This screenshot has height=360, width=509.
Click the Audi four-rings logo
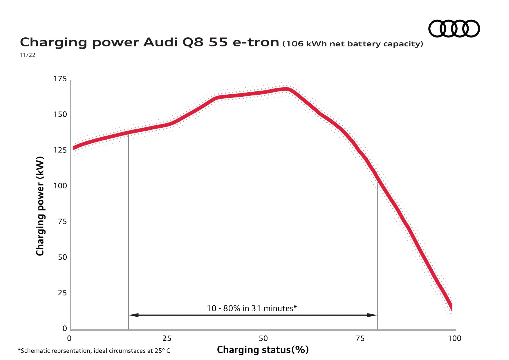point(454,28)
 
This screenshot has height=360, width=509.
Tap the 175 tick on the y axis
point(60,79)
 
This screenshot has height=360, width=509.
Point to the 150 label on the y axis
point(60,115)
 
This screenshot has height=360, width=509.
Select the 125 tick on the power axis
point(60,150)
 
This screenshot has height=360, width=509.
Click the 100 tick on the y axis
point(60,186)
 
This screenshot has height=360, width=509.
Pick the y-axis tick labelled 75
point(62,222)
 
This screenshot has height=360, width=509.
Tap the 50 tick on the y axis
point(62,257)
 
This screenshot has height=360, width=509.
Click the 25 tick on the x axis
point(167,339)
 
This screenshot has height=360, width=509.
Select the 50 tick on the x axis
point(263,339)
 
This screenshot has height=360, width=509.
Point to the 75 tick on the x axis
point(360,339)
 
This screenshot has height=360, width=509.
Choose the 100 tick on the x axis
point(454,339)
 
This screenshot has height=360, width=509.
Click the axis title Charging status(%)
point(263,350)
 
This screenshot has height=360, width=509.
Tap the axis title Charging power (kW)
point(40,206)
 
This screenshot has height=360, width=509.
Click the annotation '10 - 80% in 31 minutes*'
point(252,308)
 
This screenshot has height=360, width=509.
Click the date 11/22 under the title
point(27,55)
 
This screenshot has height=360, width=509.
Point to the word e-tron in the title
point(256,42)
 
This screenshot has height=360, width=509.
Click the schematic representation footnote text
point(94,351)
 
